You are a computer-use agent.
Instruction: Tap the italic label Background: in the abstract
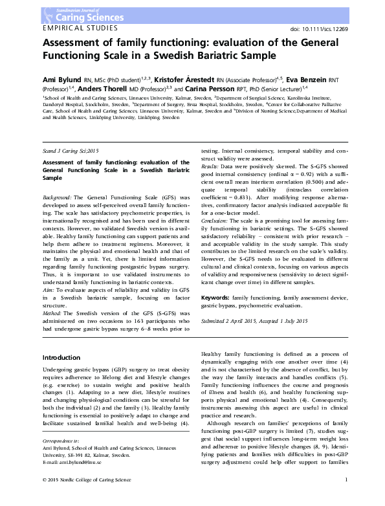pyautogui.click(x=57, y=177)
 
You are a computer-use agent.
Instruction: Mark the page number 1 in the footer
pyautogui.click(x=347, y=498)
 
